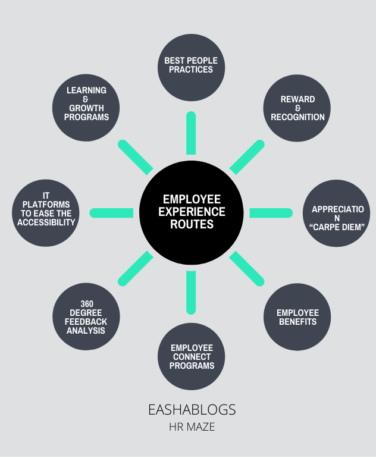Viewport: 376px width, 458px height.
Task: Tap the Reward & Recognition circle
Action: point(297,108)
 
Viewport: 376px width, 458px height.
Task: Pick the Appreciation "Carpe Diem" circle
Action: point(338,213)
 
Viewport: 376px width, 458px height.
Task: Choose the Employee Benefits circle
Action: point(297,317)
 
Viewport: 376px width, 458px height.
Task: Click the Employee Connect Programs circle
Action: point(191,357)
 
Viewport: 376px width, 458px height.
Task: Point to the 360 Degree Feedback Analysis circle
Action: point(86,317)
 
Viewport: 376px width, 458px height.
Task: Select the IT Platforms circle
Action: point(46,213)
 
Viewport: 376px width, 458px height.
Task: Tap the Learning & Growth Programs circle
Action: point(86,108)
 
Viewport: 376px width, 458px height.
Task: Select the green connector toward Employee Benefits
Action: point(247,268)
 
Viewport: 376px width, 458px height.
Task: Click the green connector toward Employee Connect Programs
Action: point(191,292)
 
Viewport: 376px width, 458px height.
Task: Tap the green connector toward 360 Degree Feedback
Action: point(136,268)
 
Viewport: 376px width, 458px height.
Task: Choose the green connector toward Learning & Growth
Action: point(136,157)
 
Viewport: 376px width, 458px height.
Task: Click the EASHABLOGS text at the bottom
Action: point(192,410)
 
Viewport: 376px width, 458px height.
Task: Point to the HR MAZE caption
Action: point(192,427)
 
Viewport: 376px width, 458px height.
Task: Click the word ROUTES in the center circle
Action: point(192,225)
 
